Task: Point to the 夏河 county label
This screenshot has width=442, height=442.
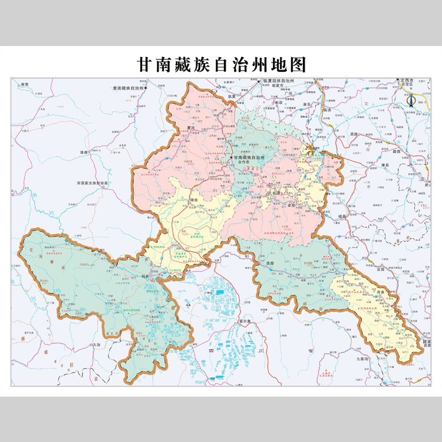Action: pyautogui.click(x=190, y=126)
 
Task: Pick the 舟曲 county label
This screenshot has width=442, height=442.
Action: pyautogui.click(x=370, y=306)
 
